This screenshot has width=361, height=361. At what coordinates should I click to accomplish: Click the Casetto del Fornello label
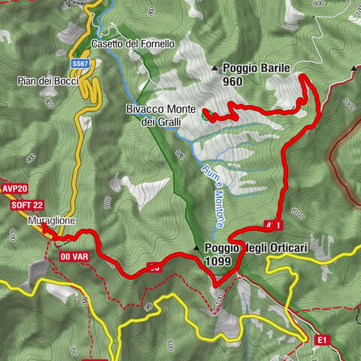tap(132, 44)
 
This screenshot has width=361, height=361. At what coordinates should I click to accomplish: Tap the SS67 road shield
tap(80, 65)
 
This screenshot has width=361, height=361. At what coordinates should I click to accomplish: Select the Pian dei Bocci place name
tap(49, 80)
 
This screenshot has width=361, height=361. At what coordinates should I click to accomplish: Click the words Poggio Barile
tap(256, 68)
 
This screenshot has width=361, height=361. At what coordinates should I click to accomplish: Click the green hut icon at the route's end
tap(206, 116)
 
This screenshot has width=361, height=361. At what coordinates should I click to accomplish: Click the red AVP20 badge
tap(14, 190)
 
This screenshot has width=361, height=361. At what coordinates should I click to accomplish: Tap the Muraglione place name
tap(50, 223)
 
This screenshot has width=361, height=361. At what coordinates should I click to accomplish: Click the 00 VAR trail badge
tap(74, 256)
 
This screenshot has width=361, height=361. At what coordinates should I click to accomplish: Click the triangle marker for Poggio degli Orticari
tap(196, 248)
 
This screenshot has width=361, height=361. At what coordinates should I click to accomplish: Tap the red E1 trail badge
tap(322, 340)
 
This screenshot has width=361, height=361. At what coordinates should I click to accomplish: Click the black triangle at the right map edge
tap(353, 69)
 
